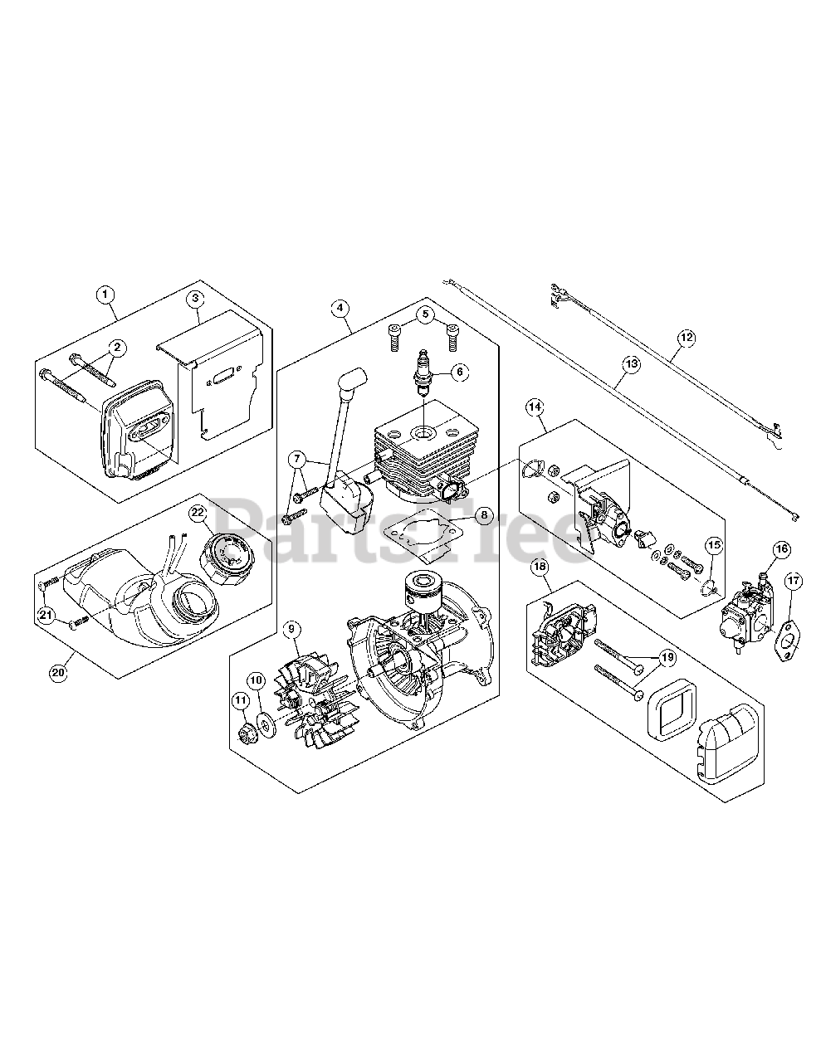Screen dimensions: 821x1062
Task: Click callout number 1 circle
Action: click(105, 294)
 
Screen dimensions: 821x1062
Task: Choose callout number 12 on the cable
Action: click(686, 338)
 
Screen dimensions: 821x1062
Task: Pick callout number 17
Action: click(793, 581)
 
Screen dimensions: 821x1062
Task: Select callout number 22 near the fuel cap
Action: click(198, 514)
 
